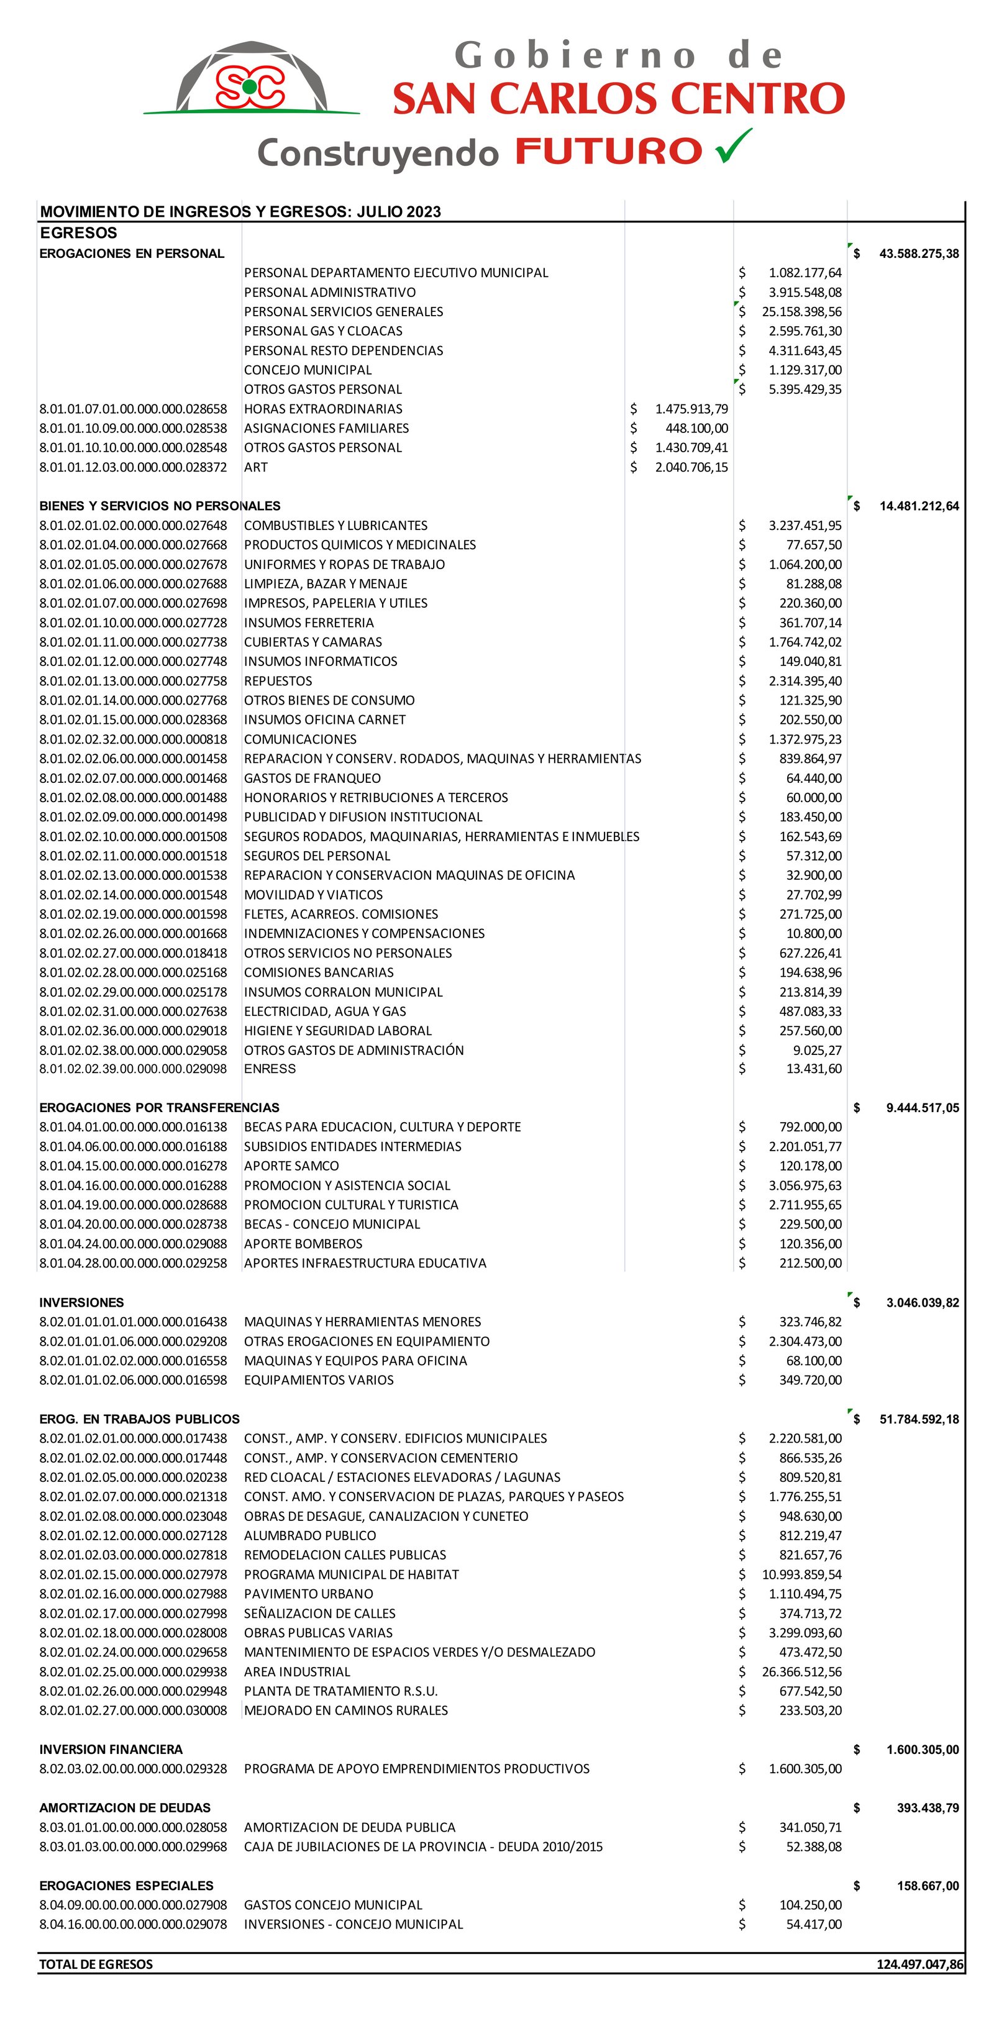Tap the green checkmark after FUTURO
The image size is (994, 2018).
733,147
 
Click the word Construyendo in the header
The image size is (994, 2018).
378,153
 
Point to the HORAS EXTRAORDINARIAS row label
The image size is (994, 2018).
322,409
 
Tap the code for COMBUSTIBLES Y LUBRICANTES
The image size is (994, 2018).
133,526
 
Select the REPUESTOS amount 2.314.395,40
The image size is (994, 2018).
805,682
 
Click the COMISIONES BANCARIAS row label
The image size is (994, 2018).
319,973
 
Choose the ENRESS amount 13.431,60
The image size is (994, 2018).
814,1069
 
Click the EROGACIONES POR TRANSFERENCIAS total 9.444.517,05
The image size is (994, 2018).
922,1108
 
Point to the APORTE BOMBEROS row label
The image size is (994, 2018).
303,1244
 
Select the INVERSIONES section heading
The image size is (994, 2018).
81,1303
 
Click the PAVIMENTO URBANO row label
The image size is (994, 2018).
309,1594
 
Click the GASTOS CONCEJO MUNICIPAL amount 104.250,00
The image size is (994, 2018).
810,1905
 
